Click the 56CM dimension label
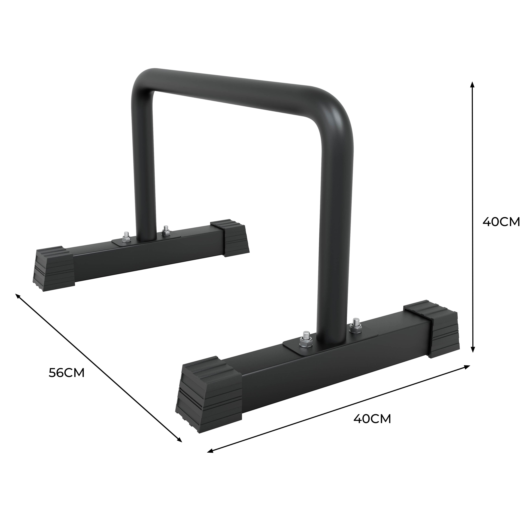[x=67, y=373]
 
